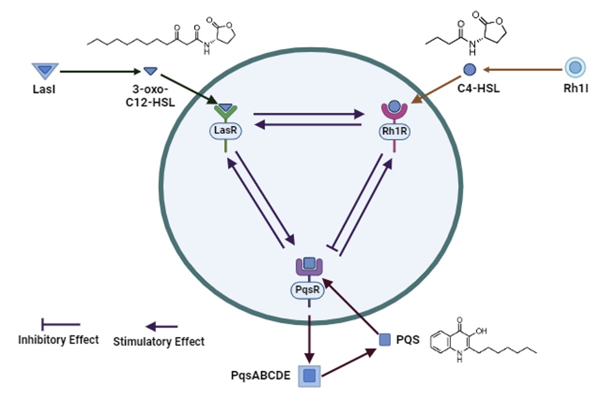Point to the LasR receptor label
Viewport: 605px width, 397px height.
(225, 131)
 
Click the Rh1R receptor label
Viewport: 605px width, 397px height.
(396, 131)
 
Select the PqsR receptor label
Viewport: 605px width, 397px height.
(309, 289)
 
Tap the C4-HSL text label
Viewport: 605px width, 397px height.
(470, 89)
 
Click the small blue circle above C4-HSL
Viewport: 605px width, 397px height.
(470, 69)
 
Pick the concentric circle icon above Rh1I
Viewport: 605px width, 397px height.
(575, 68)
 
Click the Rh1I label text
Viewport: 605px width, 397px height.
(575, 89)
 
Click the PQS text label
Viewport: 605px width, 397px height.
(408, 339)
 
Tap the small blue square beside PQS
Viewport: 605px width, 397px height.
(385, 339)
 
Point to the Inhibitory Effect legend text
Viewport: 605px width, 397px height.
(58, 339)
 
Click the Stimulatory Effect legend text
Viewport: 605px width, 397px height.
(159, 341)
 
